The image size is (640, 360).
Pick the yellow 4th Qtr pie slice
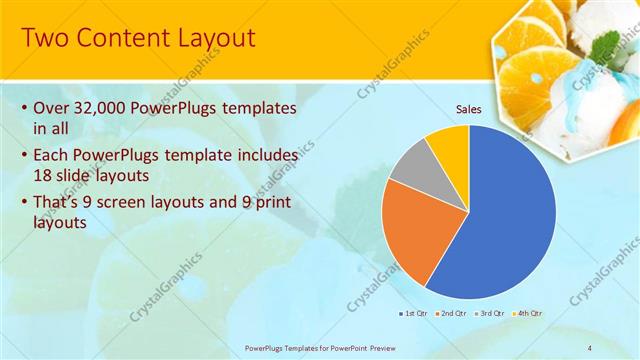[x=449, y=144]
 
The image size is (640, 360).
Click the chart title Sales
[x=469, y=108]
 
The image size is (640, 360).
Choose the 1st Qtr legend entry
[x=413, y=314]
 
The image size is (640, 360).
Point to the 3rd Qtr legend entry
[x=489, y=314]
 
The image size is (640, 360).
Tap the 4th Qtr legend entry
[x=528, y=314]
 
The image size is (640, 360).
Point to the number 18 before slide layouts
[x=45, y=176]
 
